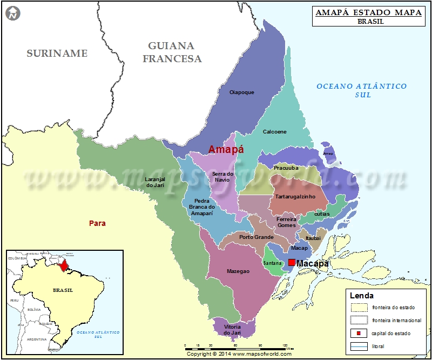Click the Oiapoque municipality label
point(241,92)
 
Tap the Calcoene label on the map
point(274,132)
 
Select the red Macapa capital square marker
point(292,263)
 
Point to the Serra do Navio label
point(222,177)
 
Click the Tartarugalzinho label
point(295,197)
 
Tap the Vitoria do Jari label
point(232,330)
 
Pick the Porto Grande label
point(256,237)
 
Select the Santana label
point(272,263)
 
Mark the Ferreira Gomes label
point(287,222)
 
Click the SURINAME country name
point(57,53)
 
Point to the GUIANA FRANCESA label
point(171,52)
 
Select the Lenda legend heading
point(361,296)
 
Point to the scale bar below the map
point(237,345)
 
